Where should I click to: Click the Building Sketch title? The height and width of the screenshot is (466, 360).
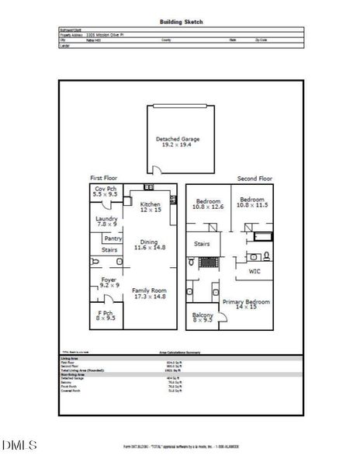181,23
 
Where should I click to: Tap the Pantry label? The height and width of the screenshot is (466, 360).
113,238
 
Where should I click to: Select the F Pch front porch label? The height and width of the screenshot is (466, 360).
105,315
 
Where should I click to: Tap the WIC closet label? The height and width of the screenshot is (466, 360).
254,272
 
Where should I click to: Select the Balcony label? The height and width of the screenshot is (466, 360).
202,316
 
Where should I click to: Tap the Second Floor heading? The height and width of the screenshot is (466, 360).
254,178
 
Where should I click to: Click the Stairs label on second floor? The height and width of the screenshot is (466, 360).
202,243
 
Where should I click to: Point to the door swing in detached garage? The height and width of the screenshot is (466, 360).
156,170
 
